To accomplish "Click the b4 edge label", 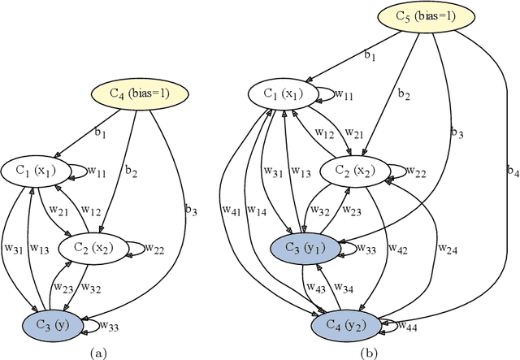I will pos(509,171).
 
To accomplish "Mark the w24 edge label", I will pos(448,249).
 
